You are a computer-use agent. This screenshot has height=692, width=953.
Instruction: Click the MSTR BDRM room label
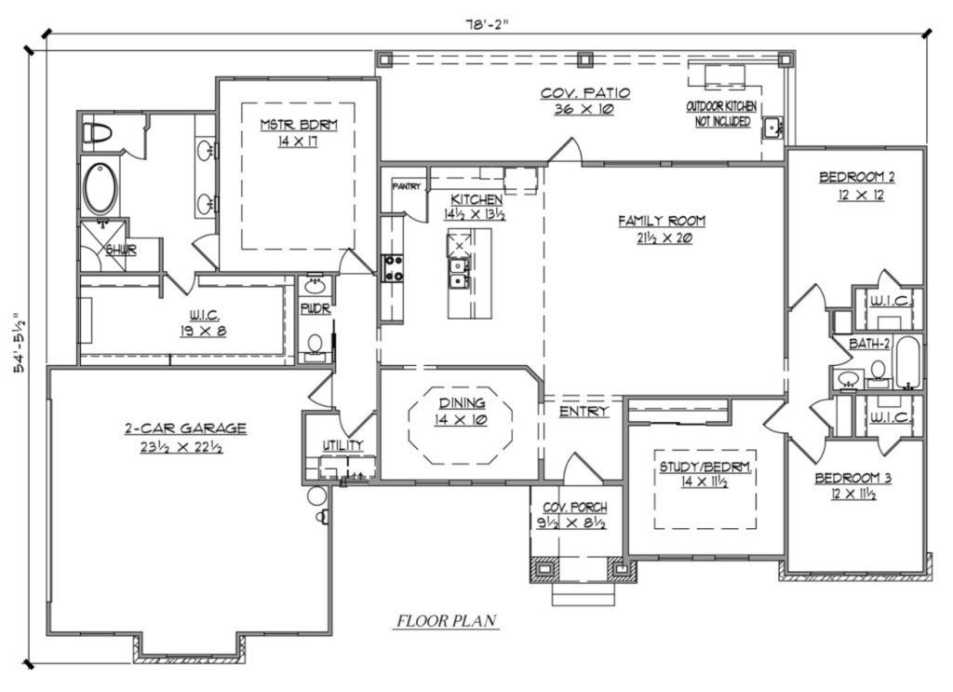(299, 125)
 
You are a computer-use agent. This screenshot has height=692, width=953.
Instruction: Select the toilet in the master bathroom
(96, 133)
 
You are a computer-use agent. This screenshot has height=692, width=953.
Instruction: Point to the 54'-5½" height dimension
(20, 343)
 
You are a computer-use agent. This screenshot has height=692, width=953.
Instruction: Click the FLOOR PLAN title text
(447, 621)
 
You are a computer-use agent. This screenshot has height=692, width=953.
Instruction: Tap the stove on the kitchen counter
(393, 268)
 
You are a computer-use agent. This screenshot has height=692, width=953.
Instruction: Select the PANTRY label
(406, 186)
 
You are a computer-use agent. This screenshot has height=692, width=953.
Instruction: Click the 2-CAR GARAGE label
(185, 428)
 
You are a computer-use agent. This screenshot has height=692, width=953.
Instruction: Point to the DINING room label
(462, 402)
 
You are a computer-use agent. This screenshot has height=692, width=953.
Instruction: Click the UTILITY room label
(342, 446)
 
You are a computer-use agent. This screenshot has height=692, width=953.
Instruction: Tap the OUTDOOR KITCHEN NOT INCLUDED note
(721, 114)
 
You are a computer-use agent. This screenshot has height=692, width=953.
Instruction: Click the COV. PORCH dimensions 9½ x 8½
(572, 522)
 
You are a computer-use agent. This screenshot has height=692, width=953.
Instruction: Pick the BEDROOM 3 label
(853, 478)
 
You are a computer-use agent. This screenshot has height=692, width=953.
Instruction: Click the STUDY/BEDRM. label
(705, 467)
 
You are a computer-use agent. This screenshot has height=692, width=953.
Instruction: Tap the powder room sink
(315, 285)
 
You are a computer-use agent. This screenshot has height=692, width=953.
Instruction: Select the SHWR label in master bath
(121, 250)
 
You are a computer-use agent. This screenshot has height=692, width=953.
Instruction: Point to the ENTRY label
(584, 412)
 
